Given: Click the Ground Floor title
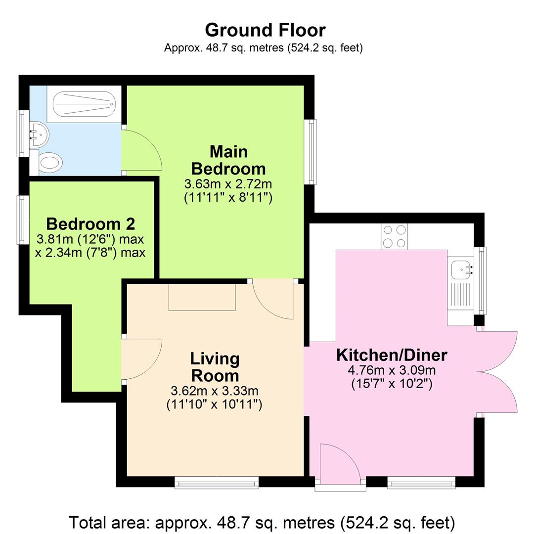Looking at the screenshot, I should click(x=265, y=30).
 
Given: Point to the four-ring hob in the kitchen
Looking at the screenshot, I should click(x=395, y=236).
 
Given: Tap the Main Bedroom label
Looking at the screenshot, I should click(x=228, y=160).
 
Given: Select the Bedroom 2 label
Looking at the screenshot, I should click(x=90, y=223).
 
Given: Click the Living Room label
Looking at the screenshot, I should click(x=215, y=366).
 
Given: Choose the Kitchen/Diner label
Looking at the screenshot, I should click(x=392, y=355).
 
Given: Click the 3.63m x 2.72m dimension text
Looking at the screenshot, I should click(x=228, y=184).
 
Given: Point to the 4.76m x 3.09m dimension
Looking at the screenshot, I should click(x=392, y=370).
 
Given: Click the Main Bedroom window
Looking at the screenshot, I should click(x=311, y=152).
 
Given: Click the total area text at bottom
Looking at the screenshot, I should click(x=262, y=522).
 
